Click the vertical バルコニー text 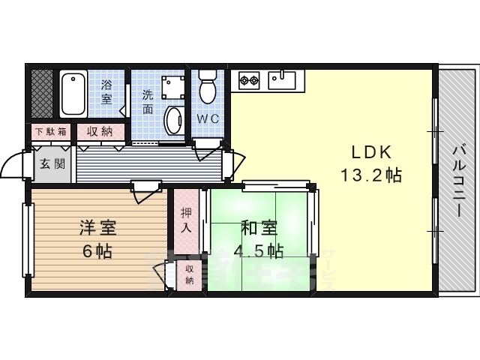pos(457,179)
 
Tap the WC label pos(208,119)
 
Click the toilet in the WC pos(208,85)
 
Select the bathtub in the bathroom pos(73,94)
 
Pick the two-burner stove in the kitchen pos(249,78)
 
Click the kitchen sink pos(282,77)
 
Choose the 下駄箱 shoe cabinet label pos(49,131)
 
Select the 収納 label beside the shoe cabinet pos(98,131)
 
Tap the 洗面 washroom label pos(148,103)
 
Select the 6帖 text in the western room pos(97,251)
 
